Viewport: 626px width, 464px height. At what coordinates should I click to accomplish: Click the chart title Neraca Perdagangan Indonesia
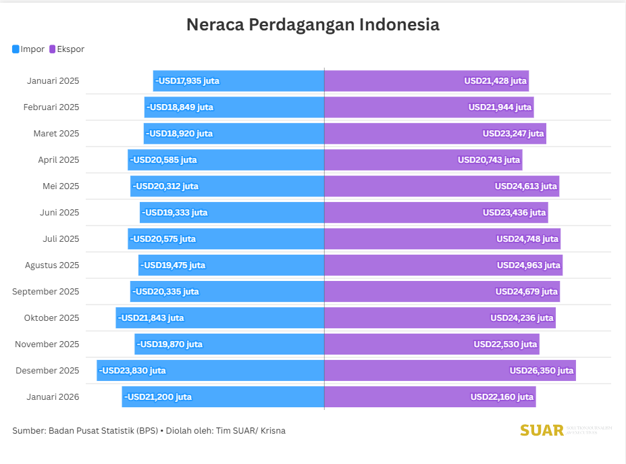313,25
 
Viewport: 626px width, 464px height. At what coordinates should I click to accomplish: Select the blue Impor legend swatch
16,49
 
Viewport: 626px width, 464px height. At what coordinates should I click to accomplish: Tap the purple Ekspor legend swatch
53,49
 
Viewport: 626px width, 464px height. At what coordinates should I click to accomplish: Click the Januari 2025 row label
53,81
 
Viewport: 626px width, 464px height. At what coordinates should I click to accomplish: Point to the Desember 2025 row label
47,371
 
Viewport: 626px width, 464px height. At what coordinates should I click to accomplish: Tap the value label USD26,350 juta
542,371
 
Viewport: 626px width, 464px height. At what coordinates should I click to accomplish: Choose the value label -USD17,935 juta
187,81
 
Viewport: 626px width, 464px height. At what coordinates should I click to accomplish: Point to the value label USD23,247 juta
513,134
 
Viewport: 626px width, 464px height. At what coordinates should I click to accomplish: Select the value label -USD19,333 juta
175,213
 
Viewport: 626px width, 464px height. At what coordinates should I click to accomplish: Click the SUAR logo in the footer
542,430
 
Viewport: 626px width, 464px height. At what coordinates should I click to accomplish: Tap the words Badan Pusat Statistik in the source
91,431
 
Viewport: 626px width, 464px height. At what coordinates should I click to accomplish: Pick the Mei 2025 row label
61,186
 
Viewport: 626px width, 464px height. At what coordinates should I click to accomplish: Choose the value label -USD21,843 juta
151,318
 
